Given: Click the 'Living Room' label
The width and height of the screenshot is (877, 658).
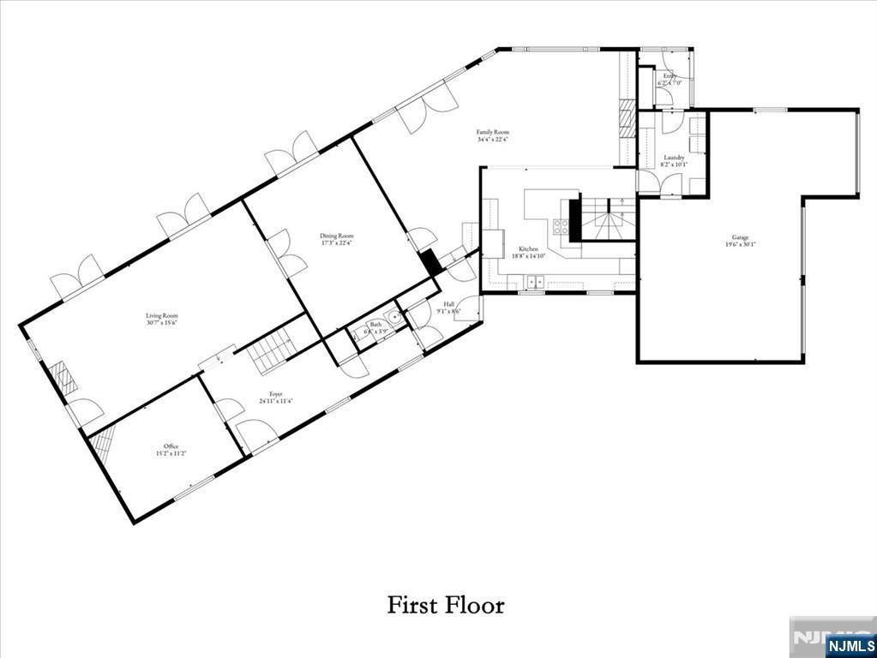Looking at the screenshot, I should click(161, 315).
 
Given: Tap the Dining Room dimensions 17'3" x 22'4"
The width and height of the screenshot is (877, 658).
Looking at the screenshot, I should click(336, 242).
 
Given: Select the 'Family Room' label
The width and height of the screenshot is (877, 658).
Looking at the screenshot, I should click(493, 132).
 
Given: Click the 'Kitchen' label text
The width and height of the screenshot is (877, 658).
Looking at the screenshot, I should click(527, 248).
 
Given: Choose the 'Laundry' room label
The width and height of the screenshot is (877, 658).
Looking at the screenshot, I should click(674, 158).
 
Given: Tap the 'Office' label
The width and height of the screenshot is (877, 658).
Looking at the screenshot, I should click(171, 446).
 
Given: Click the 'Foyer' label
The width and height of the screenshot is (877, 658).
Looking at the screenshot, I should click(275, 394).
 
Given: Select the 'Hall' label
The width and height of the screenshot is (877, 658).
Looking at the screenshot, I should click(448, 304).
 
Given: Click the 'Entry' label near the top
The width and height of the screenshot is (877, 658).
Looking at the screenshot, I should click(669, 76).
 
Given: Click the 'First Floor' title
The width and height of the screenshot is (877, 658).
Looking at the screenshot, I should click(446, 605).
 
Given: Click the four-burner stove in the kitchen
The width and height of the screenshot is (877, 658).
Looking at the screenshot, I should click(561, 226).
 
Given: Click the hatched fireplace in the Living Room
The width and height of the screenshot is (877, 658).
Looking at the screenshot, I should click(61, 378).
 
